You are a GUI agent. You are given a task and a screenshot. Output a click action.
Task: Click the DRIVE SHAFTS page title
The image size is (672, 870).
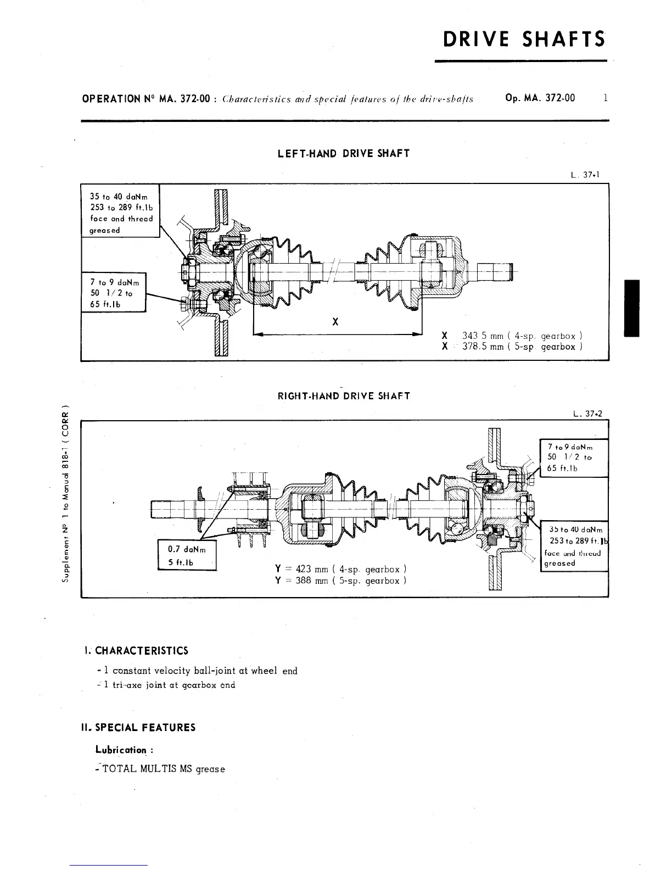524,40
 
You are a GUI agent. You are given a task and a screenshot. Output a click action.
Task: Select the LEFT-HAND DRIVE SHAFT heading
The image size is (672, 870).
344,154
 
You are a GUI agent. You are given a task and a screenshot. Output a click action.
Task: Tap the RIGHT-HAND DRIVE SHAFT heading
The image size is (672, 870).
344,396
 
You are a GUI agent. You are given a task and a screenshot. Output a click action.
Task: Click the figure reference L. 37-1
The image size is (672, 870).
584,175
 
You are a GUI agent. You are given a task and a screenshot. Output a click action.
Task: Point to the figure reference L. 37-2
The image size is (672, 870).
586,414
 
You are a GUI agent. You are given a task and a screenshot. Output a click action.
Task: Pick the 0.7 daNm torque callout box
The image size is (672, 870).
187,556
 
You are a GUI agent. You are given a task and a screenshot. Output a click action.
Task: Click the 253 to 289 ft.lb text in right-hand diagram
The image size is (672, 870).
576,542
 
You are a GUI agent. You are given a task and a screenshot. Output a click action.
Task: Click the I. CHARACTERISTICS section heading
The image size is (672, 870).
135,651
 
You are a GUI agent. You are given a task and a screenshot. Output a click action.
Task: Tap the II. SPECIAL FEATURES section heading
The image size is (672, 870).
138,728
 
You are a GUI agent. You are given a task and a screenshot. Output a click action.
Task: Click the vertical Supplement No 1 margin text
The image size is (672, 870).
65,494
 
